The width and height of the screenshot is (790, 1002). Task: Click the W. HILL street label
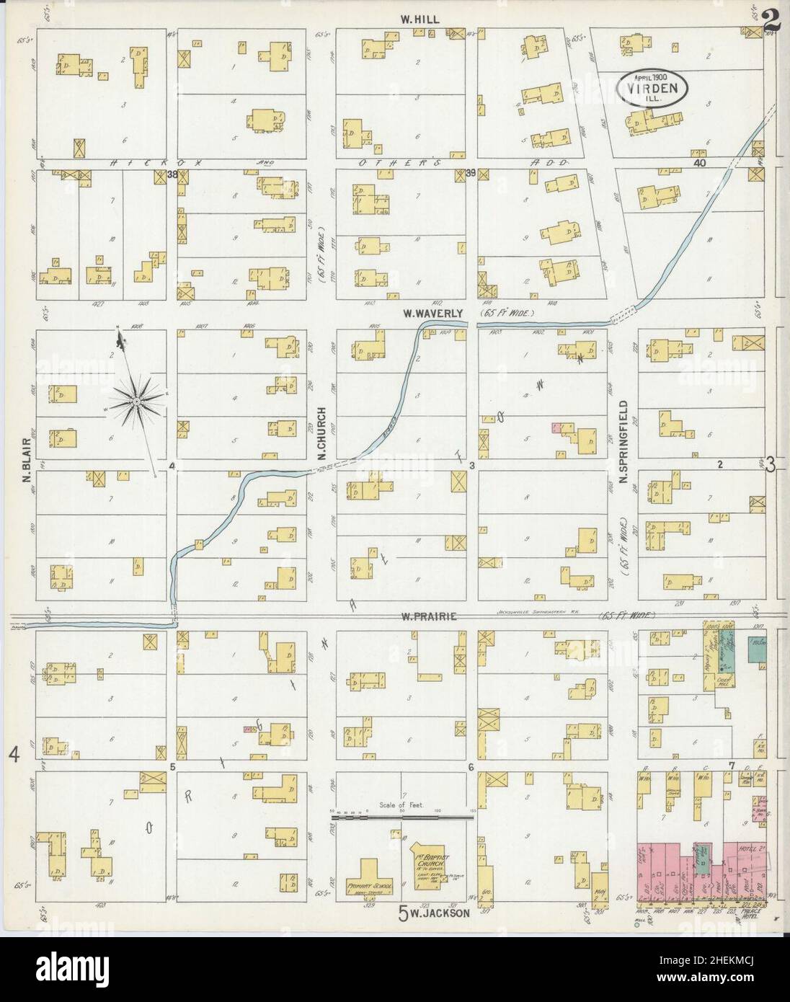click(421, 19)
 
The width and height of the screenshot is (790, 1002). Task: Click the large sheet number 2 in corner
click(771, 20)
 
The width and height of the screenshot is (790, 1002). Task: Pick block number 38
click(172, 174)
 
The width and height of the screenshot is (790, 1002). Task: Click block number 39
click(471, 173)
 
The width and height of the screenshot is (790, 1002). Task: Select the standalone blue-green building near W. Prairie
click(757, 648)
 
